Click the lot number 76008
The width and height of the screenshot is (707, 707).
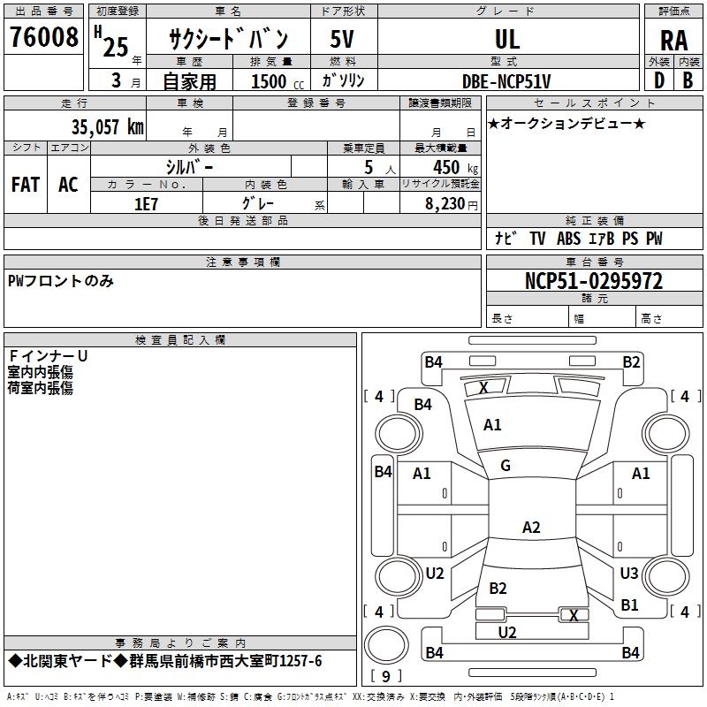click(43, 36)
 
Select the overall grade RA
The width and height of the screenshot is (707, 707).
click(673, 41)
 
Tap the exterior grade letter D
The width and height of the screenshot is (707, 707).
click(659, 80)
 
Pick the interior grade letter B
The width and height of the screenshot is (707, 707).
click(688, 80)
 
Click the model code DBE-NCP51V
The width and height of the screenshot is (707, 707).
click(506, 81)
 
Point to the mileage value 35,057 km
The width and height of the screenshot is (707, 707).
click(107, 127)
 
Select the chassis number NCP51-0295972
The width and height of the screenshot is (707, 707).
click(594, 281)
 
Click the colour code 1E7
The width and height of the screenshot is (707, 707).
click(146, 204)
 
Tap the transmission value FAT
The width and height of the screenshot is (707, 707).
click(26, 185)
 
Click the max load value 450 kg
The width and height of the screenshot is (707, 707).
click(455, 167)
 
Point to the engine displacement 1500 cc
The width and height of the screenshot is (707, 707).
click(277, 81)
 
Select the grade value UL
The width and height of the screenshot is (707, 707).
click(507, 39)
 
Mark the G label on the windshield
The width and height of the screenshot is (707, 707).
click(506, 466)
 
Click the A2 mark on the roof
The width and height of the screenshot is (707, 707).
click(531, 527)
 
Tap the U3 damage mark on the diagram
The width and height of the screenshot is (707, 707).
click(629, 573)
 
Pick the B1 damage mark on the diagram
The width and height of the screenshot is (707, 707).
click(629, 604)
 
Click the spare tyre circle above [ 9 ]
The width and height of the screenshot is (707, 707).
click(386, 645)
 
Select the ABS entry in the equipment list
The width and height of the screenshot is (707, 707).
click(568, 238)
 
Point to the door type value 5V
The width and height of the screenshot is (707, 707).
click(342, 39)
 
